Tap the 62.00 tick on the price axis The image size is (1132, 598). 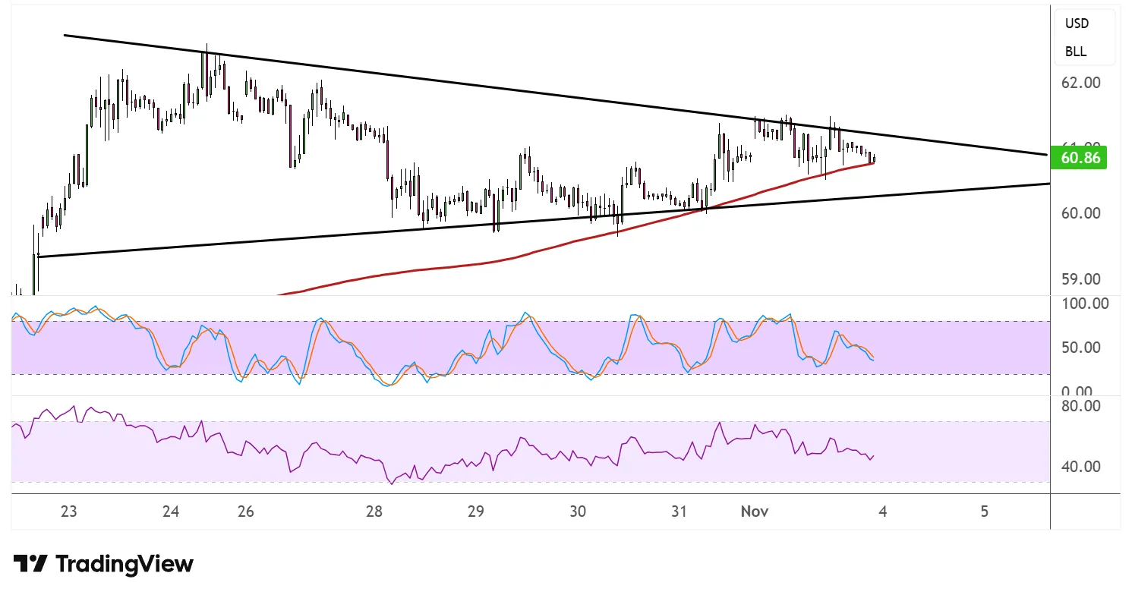1081,82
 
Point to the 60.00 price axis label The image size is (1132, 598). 1081,213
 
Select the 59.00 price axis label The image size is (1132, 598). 1081,279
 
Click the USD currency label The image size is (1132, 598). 1077,24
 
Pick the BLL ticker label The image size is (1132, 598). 1076,52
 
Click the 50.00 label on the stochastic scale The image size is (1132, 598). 1083,348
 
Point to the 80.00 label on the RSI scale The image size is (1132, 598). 1083,406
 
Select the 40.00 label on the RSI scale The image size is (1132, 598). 1083,466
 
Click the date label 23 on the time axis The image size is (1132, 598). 69,511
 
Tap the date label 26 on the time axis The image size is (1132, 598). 245,511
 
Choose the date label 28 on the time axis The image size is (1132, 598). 374,511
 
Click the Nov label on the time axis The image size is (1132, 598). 755,511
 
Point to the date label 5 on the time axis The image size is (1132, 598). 985,511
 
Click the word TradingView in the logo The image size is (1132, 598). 125,565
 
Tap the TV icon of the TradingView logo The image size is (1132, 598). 30,564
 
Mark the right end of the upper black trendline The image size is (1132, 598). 1048,155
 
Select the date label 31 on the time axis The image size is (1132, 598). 680,511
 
